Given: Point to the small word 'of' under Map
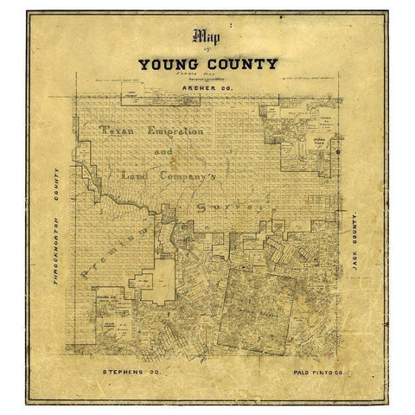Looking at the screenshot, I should pyautogui.click(x=207, y=52).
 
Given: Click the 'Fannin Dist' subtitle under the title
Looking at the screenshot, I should pyautogui.click(x=207, y=75).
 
